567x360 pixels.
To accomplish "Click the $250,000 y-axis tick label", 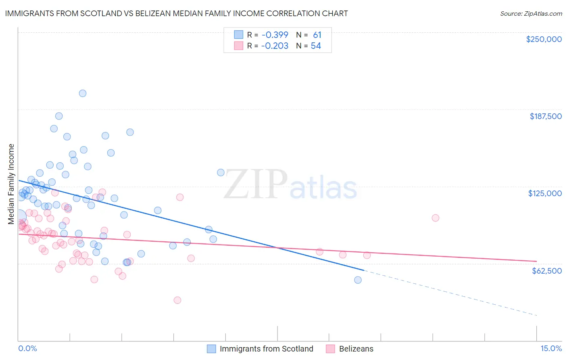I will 544,39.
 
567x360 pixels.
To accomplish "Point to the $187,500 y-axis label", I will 545,116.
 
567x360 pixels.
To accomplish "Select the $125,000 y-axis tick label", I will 545,193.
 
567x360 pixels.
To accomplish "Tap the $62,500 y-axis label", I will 546,270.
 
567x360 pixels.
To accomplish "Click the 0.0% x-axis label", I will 27,348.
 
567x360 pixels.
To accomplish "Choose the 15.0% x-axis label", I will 551,348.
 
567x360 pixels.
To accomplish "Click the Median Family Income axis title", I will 11,184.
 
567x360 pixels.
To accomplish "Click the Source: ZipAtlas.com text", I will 531,13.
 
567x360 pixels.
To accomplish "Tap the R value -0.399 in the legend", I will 275,35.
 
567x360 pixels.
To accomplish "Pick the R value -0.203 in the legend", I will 275,46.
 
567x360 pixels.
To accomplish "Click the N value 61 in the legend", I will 317,35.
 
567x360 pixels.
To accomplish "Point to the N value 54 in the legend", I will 316,46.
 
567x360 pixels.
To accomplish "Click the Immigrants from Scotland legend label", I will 266,349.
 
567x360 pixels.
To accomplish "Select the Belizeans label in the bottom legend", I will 356,349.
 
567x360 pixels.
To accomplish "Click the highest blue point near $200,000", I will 83,93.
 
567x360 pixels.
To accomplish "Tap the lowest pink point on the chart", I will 177,300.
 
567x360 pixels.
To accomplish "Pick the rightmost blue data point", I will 358,280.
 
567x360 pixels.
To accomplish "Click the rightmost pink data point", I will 435,218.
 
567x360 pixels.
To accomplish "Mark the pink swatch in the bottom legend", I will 331,349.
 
